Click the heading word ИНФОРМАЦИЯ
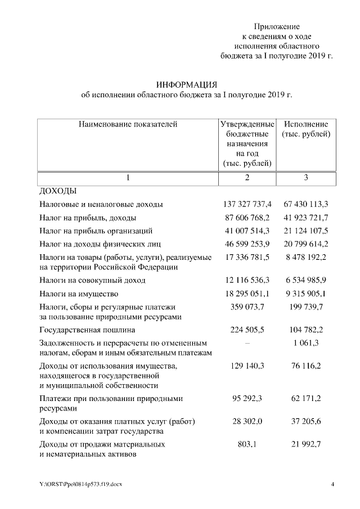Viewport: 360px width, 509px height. pyautogui.click(x=187, y=84)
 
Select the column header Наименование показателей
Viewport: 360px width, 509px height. pyautogui.click(x=128, y=124)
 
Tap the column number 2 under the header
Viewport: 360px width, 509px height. pyautogui.click(x=247, y=178)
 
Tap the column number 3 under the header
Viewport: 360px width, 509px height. pyautogui.click(x=306, y=178)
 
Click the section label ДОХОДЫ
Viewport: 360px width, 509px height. pyautogui.click(x=57, y=191)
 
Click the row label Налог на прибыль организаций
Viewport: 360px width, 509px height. pyautogui.click(x=96, y=231)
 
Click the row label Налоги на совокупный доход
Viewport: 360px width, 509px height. pyautogui.click(x=92, y=280)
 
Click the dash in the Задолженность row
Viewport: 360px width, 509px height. pyautogui.click(x=247, y=343)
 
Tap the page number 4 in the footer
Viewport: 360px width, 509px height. pyautogui.click(x=332, y=484)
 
